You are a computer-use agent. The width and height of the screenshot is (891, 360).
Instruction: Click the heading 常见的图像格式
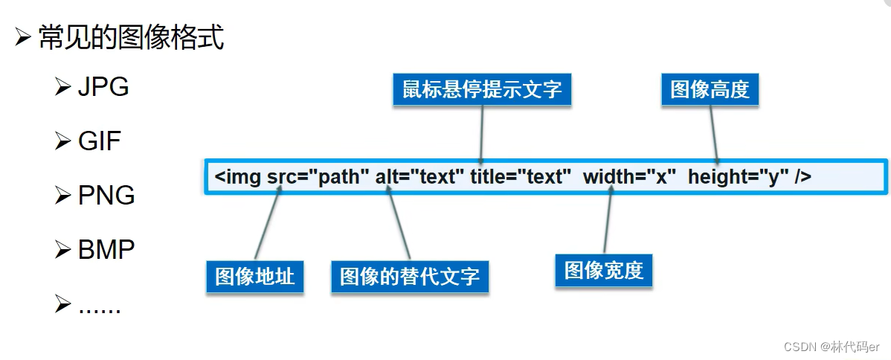130,37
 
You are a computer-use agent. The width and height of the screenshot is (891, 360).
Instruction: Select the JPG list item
103,87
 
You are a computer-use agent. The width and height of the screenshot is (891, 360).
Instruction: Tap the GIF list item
99,141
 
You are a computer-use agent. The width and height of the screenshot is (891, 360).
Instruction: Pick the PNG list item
106,195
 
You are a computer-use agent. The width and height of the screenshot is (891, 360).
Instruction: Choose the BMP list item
106,249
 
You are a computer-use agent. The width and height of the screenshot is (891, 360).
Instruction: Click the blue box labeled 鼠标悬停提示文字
482,90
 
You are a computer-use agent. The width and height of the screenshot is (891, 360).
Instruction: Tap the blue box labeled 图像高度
710,90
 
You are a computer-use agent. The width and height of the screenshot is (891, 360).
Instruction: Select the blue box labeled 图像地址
255,277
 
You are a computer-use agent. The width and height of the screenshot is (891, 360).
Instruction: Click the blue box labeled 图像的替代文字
410,277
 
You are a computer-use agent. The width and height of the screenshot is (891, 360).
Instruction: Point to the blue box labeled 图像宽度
603,271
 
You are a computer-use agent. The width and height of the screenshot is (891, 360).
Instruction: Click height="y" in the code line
738,177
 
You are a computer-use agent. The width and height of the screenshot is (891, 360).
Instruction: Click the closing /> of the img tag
802,177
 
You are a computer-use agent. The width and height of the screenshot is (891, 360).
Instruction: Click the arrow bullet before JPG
62,88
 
